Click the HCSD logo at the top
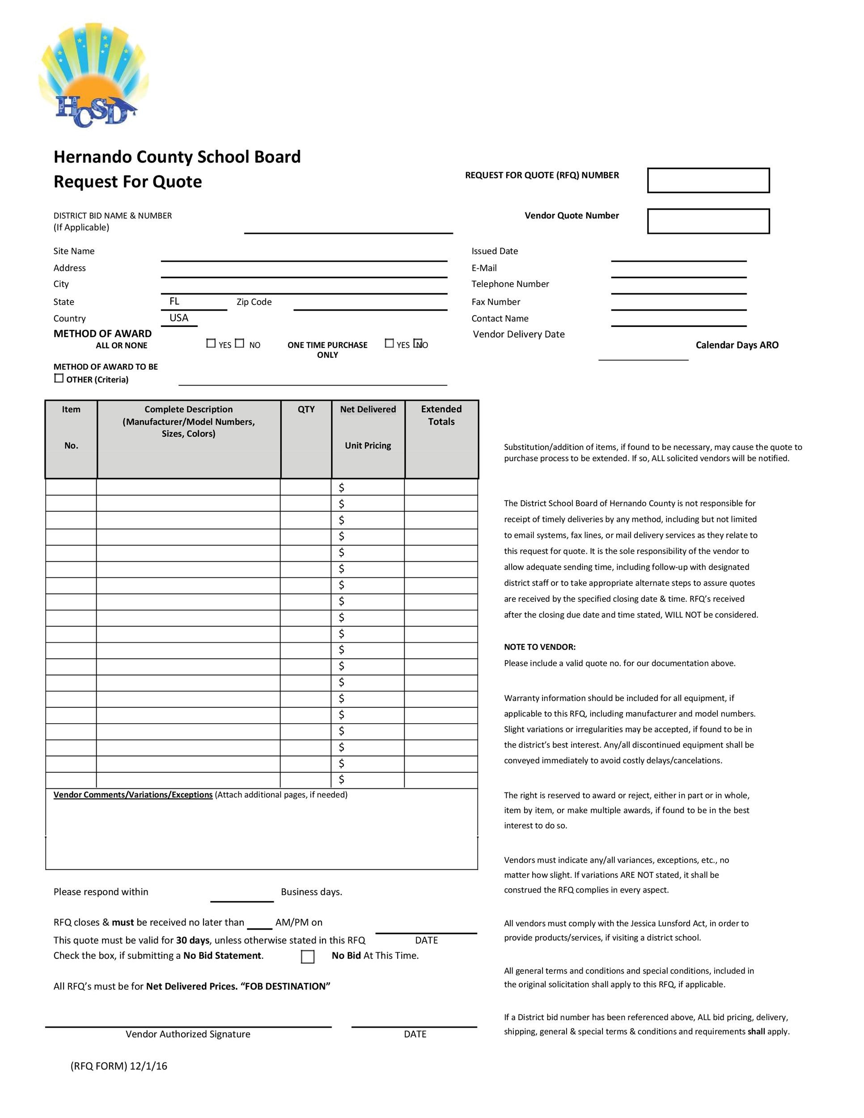click(x=93, y=76)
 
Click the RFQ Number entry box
click(x=708, y=180)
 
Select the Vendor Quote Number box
click(x=708, y=221)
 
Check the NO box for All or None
click(x=240, y=343)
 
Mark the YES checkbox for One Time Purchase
click(x=390, y=343)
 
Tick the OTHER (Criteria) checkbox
click(x=59, y=378)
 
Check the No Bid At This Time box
click(x=308, y=956)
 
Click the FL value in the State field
click(x=174, y=301)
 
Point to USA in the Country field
click(x=178, y=318)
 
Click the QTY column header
click(x=306, y=409)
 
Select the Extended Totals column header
click(x=441, y=415)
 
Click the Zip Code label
click(x=254, y=302)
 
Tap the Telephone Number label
click(x=510, y=284)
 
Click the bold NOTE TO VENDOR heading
click(x=539, y=647)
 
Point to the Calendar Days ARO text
click(x=737, y=345)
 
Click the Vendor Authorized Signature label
click(x=188, y=1034)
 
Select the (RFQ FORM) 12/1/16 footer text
click(x=119, y=1066)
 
